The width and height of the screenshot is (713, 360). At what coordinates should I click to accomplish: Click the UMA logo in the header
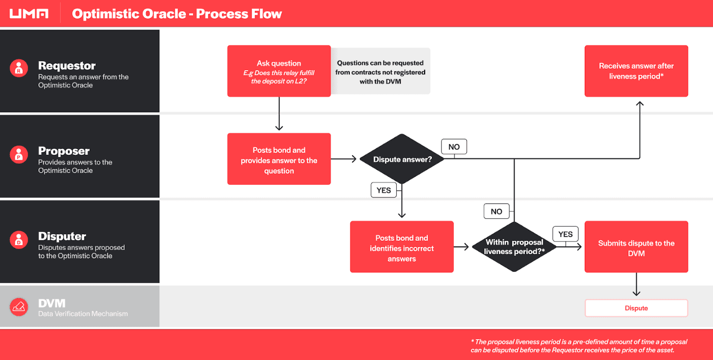(x=29, y=14)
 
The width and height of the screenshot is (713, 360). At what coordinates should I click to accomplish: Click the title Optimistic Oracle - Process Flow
(x=177, y=14)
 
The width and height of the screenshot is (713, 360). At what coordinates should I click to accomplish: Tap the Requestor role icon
(x=19, y=68)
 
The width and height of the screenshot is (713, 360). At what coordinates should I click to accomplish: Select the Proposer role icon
(x=19, y=154)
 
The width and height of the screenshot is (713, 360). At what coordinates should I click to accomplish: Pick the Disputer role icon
(x=19, y=239)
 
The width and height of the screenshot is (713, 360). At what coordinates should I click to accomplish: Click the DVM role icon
(x=19, y=307)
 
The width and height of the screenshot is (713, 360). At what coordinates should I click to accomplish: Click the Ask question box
(x=279, y=71)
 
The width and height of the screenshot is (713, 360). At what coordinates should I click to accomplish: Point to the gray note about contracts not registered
(x=380, y=71)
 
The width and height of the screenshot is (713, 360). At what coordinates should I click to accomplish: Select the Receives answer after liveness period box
(x=636, y=71)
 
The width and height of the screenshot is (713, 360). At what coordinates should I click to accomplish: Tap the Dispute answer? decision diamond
(x=402, y=159)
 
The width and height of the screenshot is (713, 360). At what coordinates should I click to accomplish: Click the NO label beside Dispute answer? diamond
(x=454, y=147)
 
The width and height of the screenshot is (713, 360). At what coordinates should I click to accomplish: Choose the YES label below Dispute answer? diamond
(x=383, y=190)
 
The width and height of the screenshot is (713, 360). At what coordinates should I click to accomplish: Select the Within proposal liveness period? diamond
(x=514, y=247)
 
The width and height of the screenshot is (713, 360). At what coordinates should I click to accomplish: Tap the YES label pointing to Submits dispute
(x=565, y=234)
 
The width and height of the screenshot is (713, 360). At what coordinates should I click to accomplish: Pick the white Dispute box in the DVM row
(x=636, y=308)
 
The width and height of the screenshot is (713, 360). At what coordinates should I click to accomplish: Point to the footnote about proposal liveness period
(x=579, y=346)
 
